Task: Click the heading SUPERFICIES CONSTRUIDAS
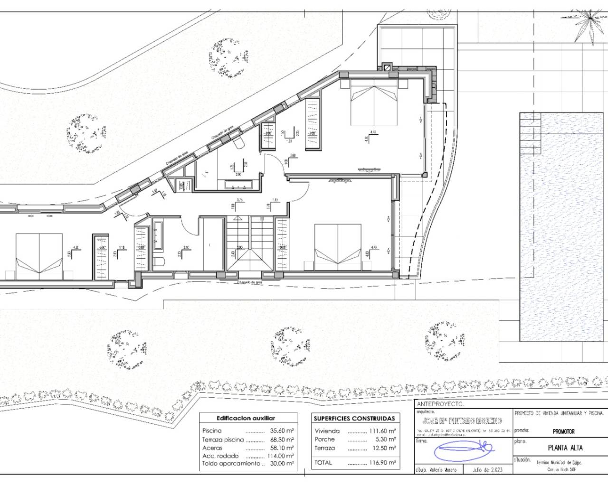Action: point(354,419)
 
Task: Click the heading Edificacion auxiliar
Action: point(245,419)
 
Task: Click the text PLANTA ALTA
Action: point(565,448)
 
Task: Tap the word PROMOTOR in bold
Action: point(564,432)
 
